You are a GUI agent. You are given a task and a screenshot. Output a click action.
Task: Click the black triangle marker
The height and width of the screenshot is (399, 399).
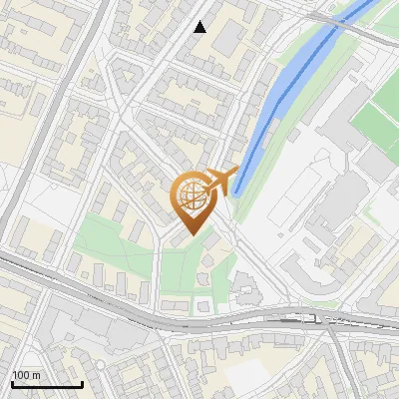200,27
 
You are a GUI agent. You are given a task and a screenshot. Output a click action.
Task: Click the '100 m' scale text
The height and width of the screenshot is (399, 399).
26,375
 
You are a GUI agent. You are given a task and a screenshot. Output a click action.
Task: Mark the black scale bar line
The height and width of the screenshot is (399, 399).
46,384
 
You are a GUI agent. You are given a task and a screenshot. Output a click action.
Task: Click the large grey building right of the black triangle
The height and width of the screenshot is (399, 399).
228,37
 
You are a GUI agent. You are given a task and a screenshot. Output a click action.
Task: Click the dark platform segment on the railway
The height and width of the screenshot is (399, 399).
299,320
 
